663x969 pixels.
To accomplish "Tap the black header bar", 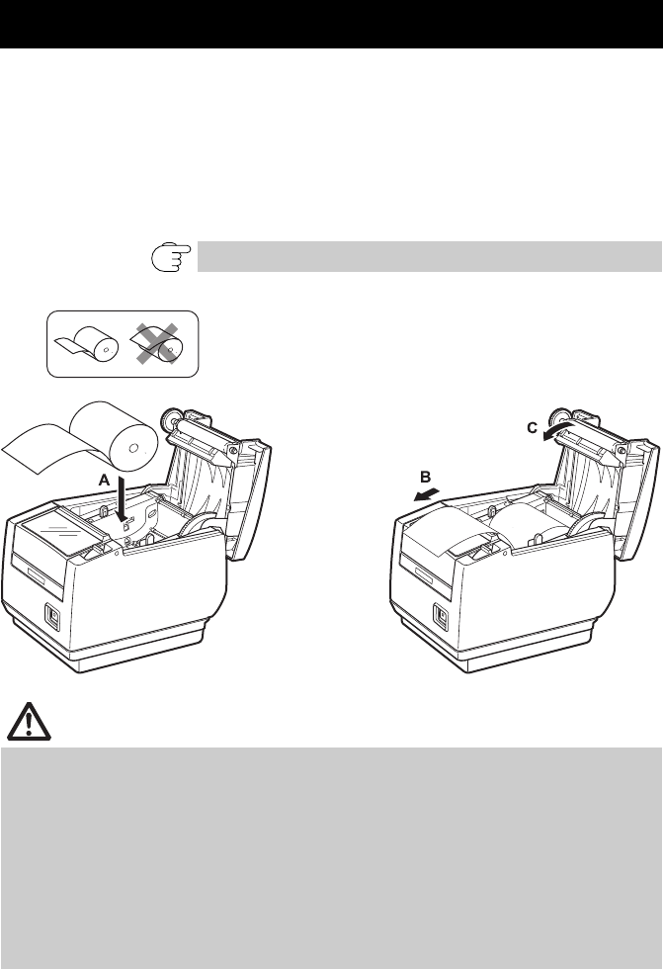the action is tap(331, 25).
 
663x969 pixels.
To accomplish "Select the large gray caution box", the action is tap(331, 855).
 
